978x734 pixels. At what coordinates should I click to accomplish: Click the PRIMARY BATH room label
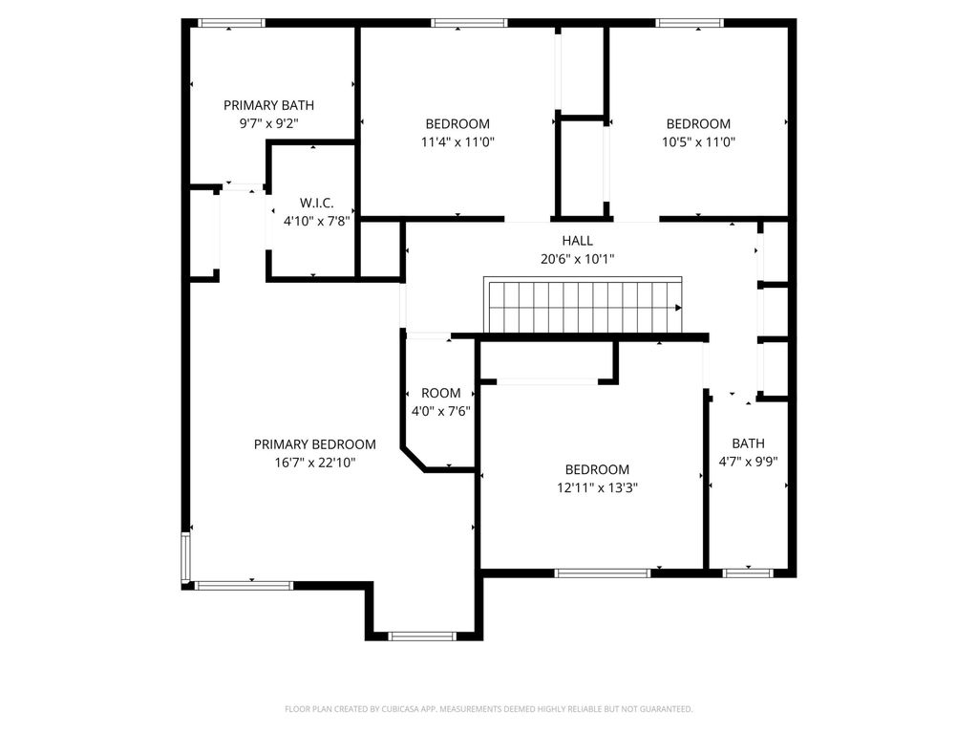(x=268, y=105)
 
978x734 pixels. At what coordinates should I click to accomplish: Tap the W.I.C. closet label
(x=316, y=203)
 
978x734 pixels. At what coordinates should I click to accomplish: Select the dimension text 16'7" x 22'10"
(x=314, y=463)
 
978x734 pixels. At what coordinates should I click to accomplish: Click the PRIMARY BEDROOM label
(x=314, y=444)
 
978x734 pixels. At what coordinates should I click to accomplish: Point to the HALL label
(x=577, y=241)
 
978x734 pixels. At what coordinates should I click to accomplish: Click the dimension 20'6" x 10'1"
(x=577, y=259)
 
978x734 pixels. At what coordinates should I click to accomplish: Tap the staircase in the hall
(x=583, y=306)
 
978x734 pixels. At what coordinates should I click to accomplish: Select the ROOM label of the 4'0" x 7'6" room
(x=440, y=393)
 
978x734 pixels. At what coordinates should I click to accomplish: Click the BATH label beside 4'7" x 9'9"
(x=748, y=443)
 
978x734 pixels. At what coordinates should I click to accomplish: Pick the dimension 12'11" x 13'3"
(x=597, y=487)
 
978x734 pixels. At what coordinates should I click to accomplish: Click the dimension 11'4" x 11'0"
(x=457, y=142)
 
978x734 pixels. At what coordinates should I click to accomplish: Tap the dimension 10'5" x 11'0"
(x=698, y=142)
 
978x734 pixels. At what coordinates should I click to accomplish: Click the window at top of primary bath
(x=231, y=23)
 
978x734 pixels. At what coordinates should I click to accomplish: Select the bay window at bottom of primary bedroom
(x=424, y=636)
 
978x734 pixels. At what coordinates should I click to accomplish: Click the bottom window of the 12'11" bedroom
(x=603, y=572)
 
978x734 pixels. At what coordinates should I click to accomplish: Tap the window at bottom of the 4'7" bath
(x=748, y=572)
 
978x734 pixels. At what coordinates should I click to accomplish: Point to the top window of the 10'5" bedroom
(x=690, y=23)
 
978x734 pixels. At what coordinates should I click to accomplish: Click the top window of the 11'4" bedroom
(x=469, y=23)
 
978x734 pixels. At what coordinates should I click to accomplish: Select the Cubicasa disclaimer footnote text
(x=488, y=709)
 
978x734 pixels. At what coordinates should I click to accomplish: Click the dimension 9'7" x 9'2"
(x=268, y=123)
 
